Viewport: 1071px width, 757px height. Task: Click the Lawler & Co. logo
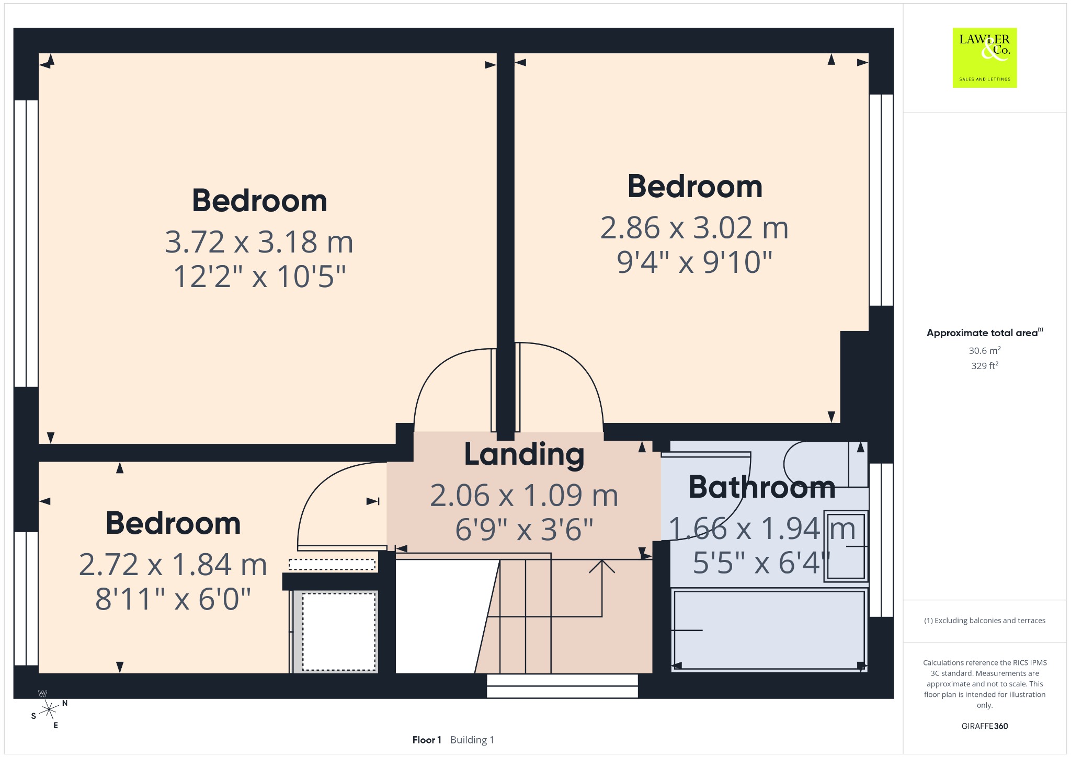(x=984, y=58)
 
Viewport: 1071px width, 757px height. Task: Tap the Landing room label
(x=524, y=454)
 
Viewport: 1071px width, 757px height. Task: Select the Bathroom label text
(x=761, y=487)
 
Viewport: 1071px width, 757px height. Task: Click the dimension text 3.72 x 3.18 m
(x=259, y=242)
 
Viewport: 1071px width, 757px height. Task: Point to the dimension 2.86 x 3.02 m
(x=694, y=228)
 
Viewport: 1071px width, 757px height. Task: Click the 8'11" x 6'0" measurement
(x=173, y=599)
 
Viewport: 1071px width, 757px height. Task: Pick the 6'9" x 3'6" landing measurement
(x=524, y=530)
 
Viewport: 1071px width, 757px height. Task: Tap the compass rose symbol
(x=49, y=709)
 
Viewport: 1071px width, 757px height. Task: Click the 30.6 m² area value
(x=985, y=350)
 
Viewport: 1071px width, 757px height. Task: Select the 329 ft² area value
(x=985, y=365)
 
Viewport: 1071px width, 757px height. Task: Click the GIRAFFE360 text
(x=985, y=726)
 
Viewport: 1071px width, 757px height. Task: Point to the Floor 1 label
(x=427, y=740)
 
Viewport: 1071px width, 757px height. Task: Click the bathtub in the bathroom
(x=769, y=630)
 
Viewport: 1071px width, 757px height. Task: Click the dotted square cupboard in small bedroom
(x=339, y=632)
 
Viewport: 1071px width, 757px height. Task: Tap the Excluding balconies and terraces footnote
(x=985, y=621)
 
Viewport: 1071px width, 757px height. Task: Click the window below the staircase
(x=562, y=686)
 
